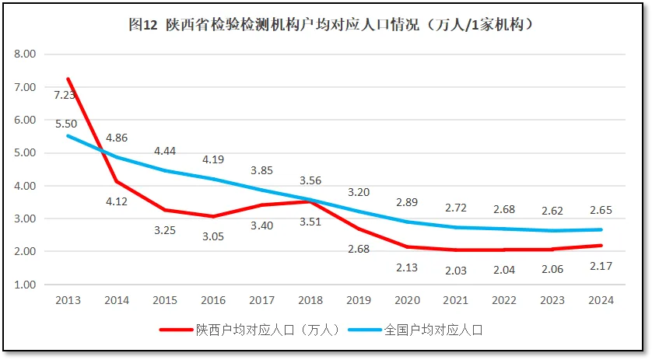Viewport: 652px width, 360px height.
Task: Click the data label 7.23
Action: click(x=65, y=95)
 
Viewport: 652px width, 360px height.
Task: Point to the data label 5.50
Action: click(x=66, y=124)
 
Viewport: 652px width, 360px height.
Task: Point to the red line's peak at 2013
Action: click(x=68, y=79)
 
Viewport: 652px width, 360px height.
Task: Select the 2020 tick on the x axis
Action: click(x=407, y=300)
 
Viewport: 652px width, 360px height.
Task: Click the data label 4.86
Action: click(x=116, y=138)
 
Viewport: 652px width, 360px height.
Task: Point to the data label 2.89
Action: click(x=408, y=202)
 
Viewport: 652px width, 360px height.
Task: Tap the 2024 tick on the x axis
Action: click(x=601, y=300)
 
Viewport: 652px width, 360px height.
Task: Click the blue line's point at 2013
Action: click(x=68, y=136)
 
